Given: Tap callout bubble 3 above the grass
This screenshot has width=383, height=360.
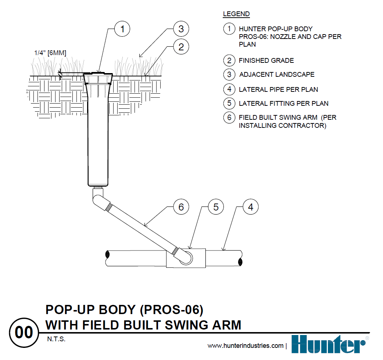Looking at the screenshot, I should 181,29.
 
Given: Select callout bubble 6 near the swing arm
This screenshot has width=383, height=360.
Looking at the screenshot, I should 181,207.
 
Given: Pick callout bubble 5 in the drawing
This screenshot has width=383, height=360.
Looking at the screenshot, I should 216,207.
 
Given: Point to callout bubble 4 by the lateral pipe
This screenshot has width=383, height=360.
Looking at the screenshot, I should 251,207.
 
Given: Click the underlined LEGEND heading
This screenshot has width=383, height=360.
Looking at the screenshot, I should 236,14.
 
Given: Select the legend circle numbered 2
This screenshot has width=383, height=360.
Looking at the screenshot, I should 229,61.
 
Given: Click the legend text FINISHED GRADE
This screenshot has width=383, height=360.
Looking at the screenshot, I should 266,61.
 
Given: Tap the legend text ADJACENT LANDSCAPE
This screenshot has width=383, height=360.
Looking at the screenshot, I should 276,75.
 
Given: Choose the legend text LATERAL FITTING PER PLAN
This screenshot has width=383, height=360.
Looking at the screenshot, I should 283,104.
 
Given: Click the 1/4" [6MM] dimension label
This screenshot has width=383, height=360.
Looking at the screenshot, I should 50,53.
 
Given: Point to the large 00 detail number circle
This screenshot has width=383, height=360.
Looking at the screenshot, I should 24,333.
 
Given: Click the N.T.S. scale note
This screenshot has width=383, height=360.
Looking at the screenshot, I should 56,339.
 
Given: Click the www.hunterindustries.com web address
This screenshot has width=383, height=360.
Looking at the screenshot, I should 246,346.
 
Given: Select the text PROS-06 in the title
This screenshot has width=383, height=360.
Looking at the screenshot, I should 172,310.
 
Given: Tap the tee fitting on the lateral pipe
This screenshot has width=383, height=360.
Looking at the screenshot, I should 186,258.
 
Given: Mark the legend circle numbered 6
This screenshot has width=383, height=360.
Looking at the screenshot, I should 229,118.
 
